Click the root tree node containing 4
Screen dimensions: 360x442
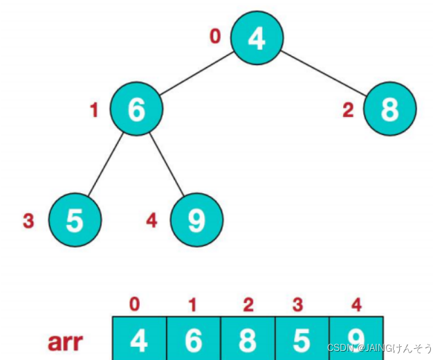tap(256, 38)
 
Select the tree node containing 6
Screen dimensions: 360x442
tap(136, 109)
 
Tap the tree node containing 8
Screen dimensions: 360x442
tap(389, 109)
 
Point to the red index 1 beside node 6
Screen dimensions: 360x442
tap(95, 109)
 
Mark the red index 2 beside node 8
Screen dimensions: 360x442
tap(349, 109)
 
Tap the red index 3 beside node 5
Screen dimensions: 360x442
tap(28, 222)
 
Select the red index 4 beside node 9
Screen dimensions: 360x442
tap(152, 222)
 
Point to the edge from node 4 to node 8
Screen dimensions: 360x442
tap(323, 71)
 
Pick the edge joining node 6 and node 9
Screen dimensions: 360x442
tap(167, 165)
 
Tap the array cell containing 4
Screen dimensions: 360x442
tap(139, 339)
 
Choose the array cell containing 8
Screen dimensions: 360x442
tap(247, 339)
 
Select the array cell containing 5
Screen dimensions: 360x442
tap(302, 339)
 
